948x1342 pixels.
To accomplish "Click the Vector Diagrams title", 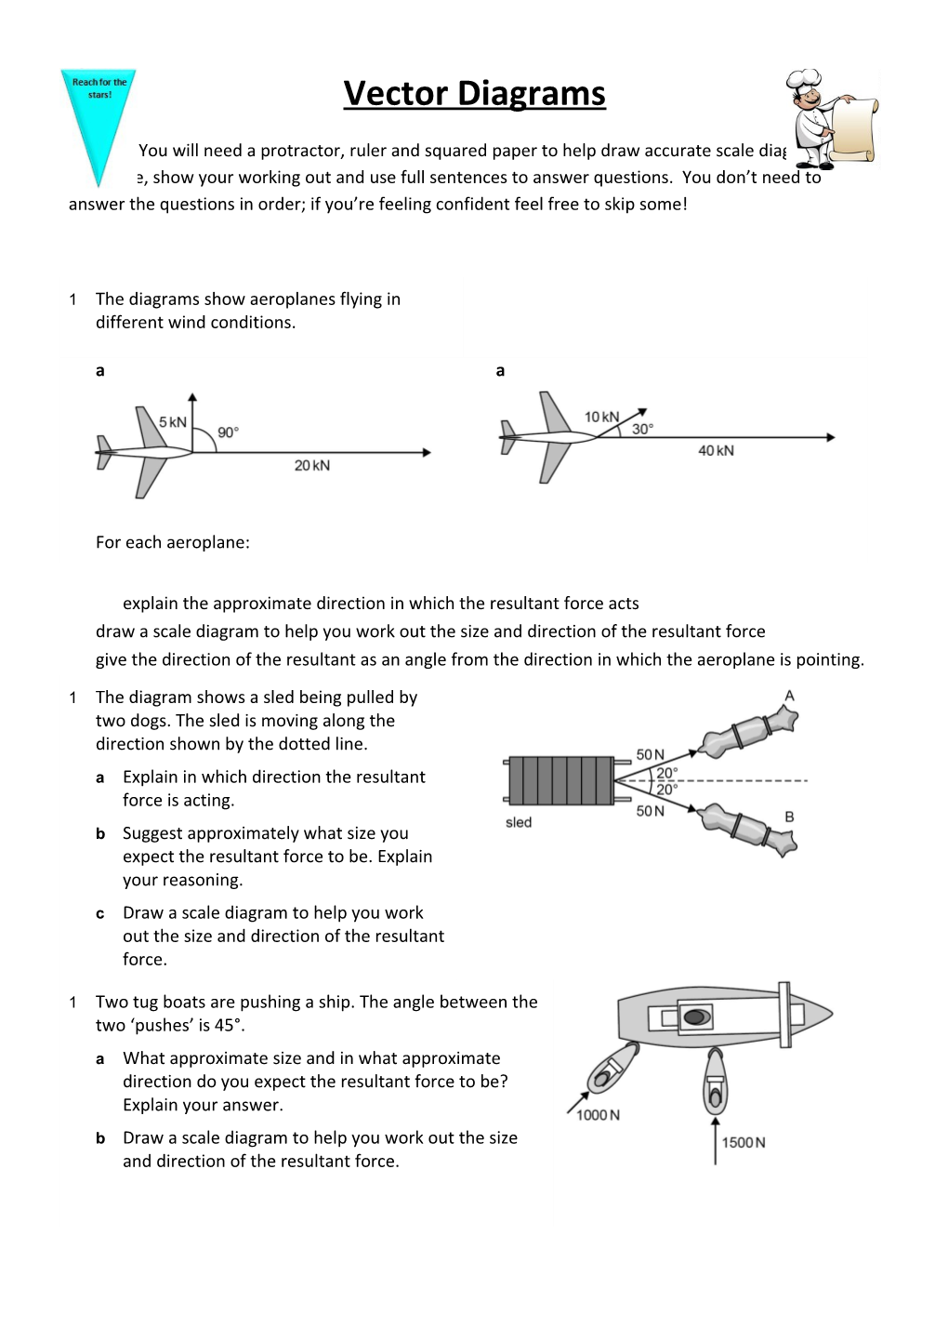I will [474, 94].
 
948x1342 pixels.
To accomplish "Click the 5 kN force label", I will [172, 422].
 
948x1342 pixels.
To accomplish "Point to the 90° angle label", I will [228, 432].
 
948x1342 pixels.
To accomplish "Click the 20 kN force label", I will [312, 465].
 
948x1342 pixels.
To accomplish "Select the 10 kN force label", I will [601, 417].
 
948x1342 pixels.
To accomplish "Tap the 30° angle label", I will [642, 429].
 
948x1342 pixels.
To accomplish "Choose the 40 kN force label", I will [716, 450].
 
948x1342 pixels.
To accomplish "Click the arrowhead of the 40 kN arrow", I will [830, 437].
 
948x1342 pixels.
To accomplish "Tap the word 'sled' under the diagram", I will [519, 822].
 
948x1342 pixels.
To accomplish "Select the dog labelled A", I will [749, 730].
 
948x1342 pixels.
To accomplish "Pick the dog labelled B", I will [749, 828].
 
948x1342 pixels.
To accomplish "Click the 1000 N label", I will [598, 1115].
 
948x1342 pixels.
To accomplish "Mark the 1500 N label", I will [744, 1142].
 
